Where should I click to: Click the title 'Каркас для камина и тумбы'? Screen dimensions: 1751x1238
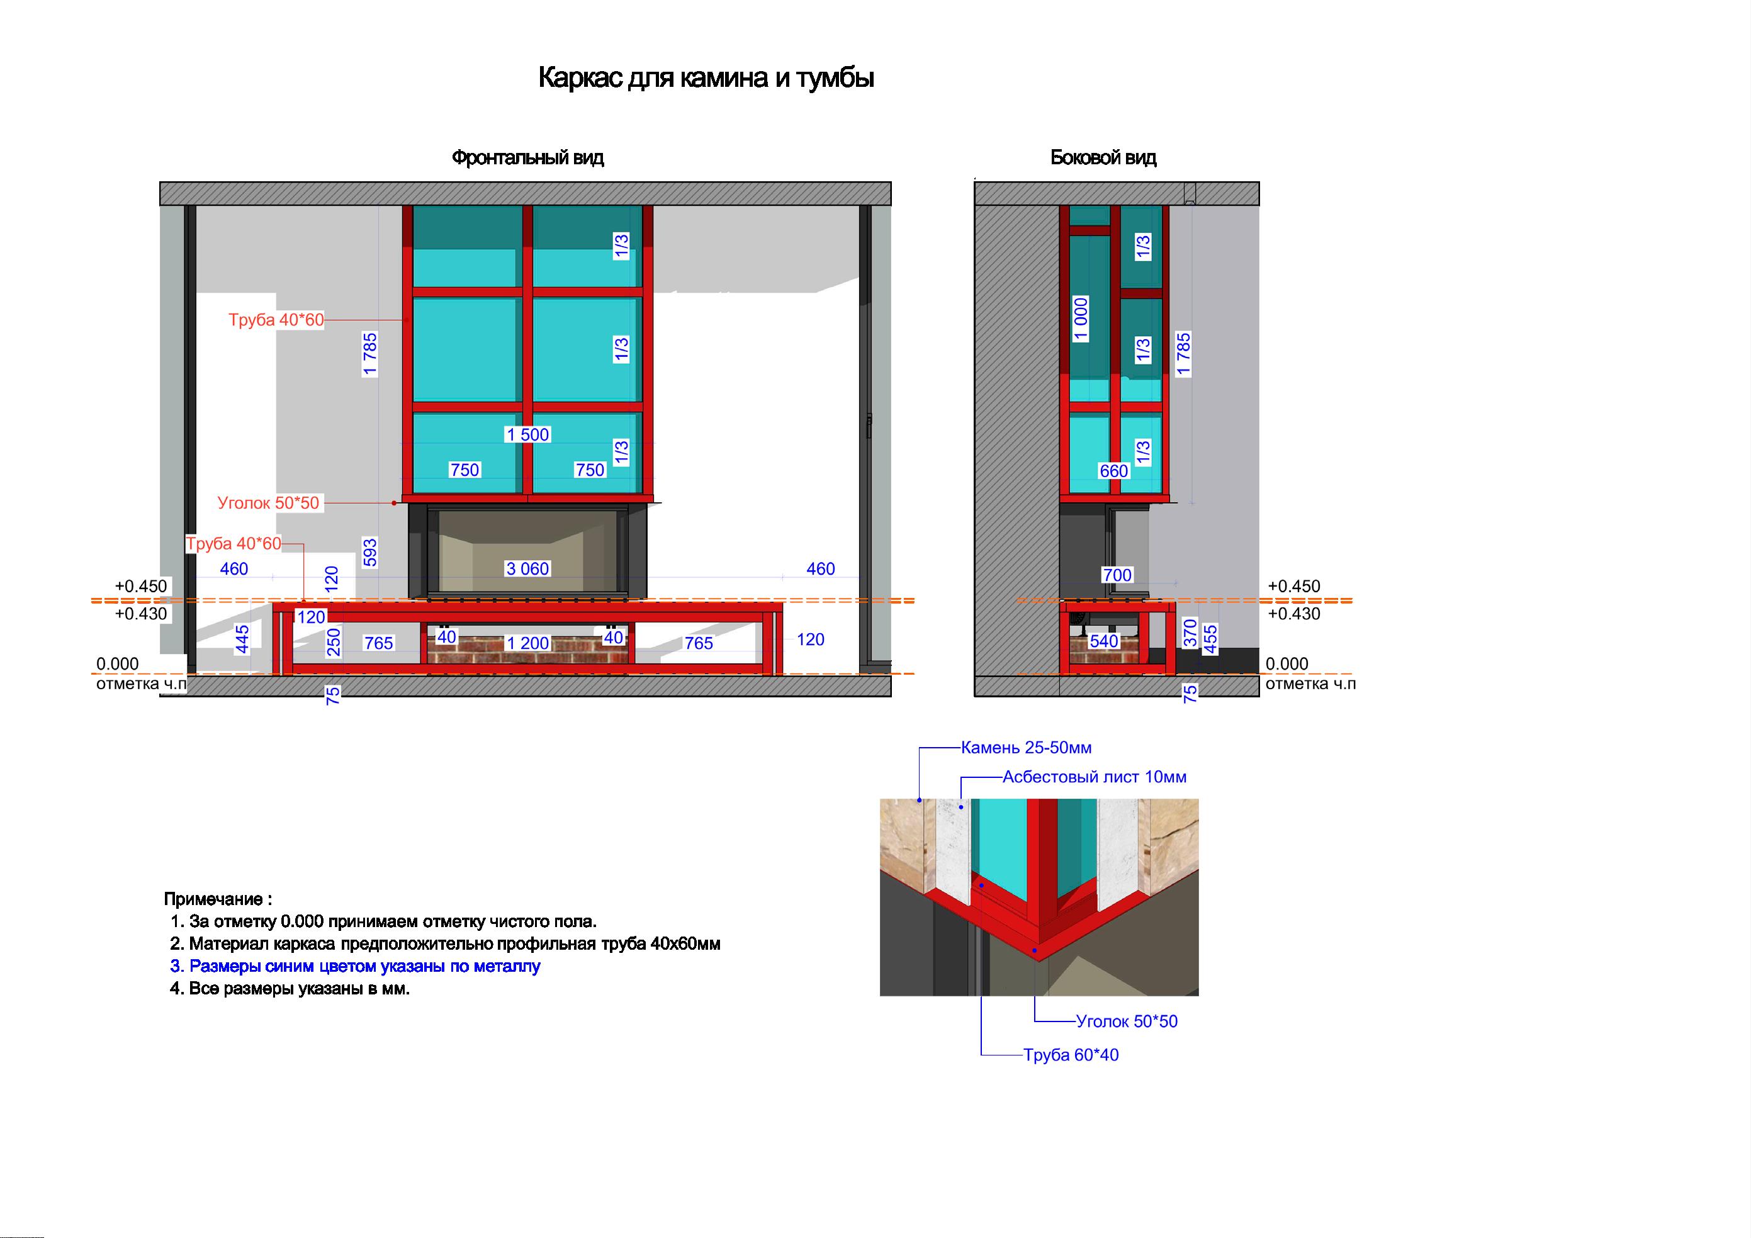click(706, 79)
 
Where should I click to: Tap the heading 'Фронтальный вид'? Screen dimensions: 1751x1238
click(527, 158)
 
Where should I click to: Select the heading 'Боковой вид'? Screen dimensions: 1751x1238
click(1103, 158)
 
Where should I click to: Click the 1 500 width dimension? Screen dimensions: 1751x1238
click(527, 435)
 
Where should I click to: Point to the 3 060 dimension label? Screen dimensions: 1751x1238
click(527, 568)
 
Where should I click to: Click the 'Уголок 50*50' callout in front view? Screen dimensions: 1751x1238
click(269, 503)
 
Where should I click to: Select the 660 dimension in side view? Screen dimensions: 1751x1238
click(1113, 471)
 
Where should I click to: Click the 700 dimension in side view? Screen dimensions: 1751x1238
click(1117, 575)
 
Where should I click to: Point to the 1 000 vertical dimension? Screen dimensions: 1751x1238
click(1081, 320)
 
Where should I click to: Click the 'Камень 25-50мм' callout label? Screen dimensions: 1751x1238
click(1026, 748)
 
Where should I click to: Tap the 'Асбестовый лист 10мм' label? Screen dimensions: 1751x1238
click(1095, 777)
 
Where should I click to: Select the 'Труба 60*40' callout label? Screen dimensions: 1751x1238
click(1071, 1055)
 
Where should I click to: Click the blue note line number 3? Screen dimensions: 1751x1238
click(356, 967)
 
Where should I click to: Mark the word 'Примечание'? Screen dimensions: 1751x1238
click(213, 899)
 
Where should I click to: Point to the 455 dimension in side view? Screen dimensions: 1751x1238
click(1210, 639)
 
